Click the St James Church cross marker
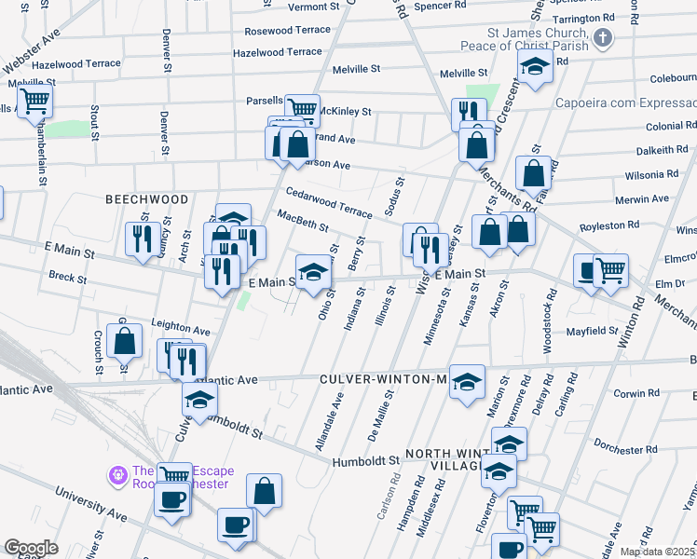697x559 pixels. pyautogui.click(x=603, y=39)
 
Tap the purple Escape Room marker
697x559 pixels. pyautogui.click(x=118, y=475)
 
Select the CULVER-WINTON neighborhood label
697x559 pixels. pyautogui.click(x=386, y=379)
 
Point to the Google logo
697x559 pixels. pyautogui.click(x=31, y=548)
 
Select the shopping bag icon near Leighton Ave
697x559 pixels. pyautogui.click(x=125, y=341)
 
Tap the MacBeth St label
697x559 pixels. pyautogui.click(x=303, y=221)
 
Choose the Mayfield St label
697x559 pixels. pyautogui.click(x=594, y=331)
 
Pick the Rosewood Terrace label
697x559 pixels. pyautogui.click(x=288, y=30)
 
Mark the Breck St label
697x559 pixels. pyautogui.click(x=67, y=278)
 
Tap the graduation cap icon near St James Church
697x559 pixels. pyautogui.click(x=536, y=66)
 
